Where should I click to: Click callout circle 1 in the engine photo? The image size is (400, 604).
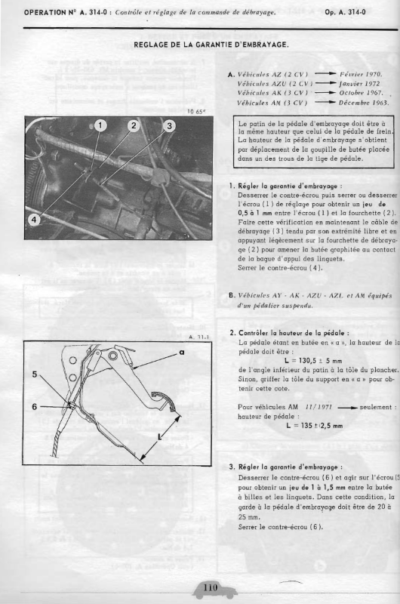click(100, 125)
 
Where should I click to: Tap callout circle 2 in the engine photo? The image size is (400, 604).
click(134, 125)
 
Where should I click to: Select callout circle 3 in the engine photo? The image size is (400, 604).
click(169, 125)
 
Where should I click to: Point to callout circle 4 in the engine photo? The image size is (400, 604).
click(34, 220)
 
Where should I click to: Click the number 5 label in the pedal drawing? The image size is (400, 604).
click(34, 374)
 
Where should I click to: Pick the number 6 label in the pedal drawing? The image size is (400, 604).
click(34, 407)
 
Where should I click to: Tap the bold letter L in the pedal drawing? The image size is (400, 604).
click(160, 437)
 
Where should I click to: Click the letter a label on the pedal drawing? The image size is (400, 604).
click(182, 352)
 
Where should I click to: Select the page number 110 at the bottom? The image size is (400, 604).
click(211, 587)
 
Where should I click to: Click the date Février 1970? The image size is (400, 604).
click(361, 74)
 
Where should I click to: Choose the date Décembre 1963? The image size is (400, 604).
click(364, 103)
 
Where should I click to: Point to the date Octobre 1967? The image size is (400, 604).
click(361, 93)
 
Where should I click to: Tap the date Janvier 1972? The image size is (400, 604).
click(359, 84)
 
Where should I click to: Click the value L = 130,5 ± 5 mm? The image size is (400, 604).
click(313, 361)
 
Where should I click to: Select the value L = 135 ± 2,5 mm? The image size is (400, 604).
click(315, 426)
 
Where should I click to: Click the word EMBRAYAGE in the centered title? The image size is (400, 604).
click(263, 45)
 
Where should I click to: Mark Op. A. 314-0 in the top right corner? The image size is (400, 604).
click(345, 12)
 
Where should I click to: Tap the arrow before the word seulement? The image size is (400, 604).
click(347, 407)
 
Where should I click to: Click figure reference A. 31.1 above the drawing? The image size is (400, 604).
click(198, 337)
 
